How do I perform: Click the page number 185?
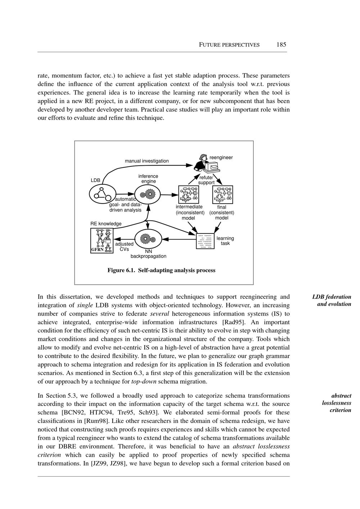coord(281,45)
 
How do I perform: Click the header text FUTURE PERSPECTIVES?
coord(229,45)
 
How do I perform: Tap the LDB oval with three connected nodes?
coord(102,195)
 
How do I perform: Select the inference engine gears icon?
coord(147,195)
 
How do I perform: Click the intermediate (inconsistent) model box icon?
coord(189,195)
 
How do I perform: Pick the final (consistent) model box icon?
coord(223,195)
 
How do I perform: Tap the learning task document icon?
coord(205,241)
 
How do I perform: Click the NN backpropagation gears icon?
coord(147,239)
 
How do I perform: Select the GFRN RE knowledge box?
coord(102,240)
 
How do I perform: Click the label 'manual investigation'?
coord(147,161)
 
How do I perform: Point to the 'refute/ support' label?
coord(206,180)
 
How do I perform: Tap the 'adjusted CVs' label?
coord(124,246)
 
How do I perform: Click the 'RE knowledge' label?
coord(106,224)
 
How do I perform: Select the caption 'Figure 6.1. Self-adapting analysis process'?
coord(161,271)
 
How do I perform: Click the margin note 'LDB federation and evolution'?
coord(332,300)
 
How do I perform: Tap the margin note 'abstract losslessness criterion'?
coord(337,403)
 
